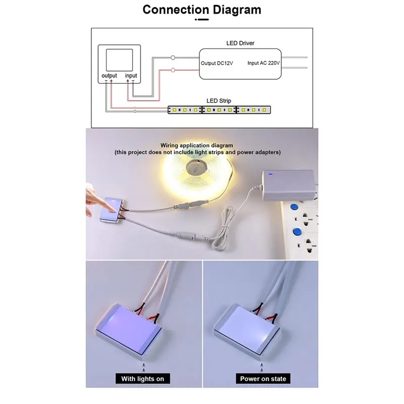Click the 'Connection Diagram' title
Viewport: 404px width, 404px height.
tap(202, 9)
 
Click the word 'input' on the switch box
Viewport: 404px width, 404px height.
tap(131, 76)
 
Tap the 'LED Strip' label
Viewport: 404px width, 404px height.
tap(219, 101)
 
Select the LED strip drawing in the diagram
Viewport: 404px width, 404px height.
tap(220, 109)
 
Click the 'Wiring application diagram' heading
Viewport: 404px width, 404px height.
tap(197, 145)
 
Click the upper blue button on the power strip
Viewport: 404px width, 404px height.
tap(293, 208)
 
